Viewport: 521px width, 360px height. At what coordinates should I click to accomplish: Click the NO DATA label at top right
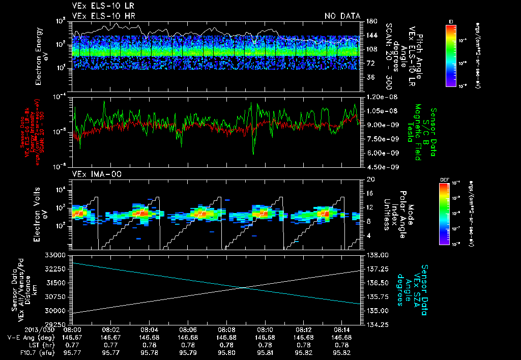[342, 16]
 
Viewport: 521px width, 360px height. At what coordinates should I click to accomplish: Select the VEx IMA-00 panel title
[92, 174]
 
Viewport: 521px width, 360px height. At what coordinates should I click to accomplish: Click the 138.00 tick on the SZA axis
[378, 255]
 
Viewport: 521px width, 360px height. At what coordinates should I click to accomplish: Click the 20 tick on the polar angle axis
[370, 179]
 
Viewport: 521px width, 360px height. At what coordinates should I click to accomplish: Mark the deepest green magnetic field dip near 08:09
[253, 153]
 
